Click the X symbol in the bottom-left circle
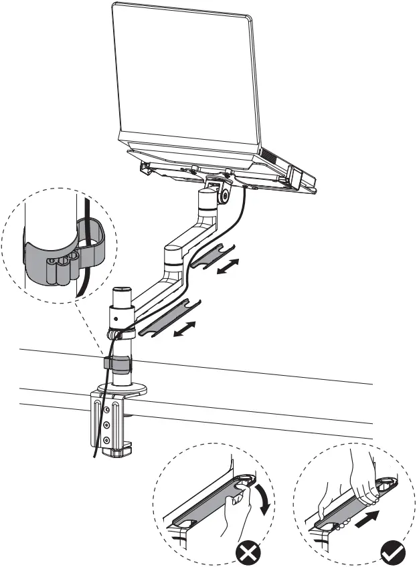pos(247,552)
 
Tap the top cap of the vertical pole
pos(121,292)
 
